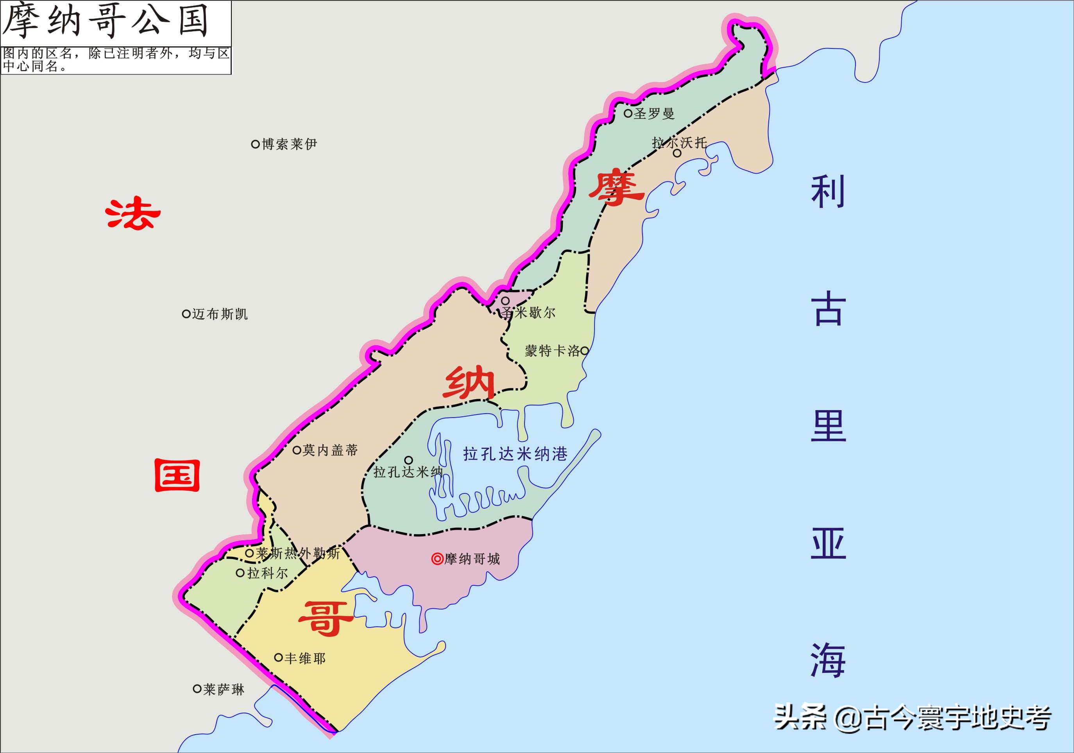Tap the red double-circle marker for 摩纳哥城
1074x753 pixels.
[x=437, y=559]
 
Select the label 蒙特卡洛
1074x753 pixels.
[x=552, y=351]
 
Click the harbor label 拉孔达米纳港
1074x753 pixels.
[x=515, y=454]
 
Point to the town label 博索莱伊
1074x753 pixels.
[x=289, y=144]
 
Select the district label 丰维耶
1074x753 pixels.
[x=304, y=658]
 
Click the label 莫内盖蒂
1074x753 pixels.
[x=330, y=450]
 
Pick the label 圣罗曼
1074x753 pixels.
[x=654, y=113]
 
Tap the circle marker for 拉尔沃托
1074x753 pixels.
[x=677, y=153]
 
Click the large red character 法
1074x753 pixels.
[x=133, y=214]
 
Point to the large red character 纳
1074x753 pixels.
[x=469, y=383]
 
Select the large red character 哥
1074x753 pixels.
[x=326, y=618]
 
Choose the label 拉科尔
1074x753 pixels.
[x=267, y=573]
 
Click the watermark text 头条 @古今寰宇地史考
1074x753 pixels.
[x=912, y=718]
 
